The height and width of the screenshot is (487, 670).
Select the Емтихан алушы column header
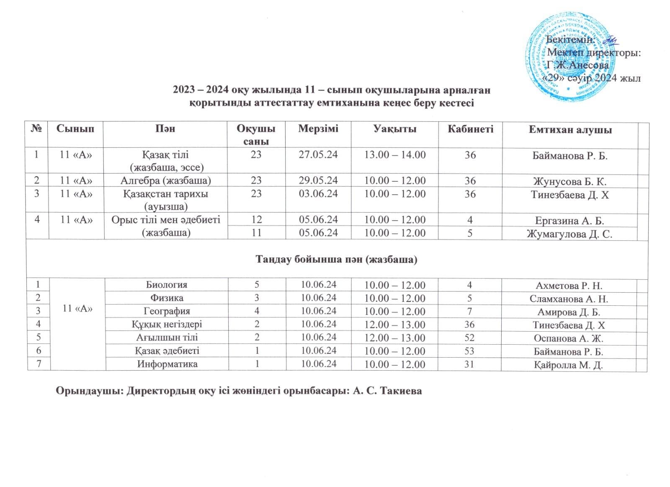pos(570,130)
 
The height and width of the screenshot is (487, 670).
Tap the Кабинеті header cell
pos(470,129)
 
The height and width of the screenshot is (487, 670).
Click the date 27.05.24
pos(318,155)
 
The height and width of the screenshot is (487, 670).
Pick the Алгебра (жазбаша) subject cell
pos(165,180)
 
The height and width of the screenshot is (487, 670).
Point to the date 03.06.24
pos(318,194)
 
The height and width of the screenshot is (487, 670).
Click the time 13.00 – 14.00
pos(395,155)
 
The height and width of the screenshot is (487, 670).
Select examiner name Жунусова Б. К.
pos(570,181)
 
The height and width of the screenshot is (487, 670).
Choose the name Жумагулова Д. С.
pos(570,234)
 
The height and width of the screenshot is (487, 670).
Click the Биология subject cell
pos(166,285)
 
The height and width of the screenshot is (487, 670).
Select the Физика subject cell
pos(166,298)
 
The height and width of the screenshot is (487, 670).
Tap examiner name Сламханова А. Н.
pos(569,299)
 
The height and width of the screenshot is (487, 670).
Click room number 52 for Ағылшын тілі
pos(470,338)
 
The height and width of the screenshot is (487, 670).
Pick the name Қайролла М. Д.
pos(568,365)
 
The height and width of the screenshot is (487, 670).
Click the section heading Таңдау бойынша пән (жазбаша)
pos(337,260)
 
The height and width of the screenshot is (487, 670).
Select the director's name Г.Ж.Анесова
pos(578,65)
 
